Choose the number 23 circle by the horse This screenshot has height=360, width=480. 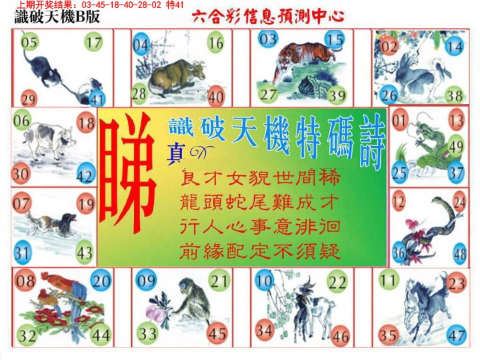[457, 284]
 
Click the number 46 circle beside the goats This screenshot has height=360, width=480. [340, 336]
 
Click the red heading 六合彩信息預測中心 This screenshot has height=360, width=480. [267, 16]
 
